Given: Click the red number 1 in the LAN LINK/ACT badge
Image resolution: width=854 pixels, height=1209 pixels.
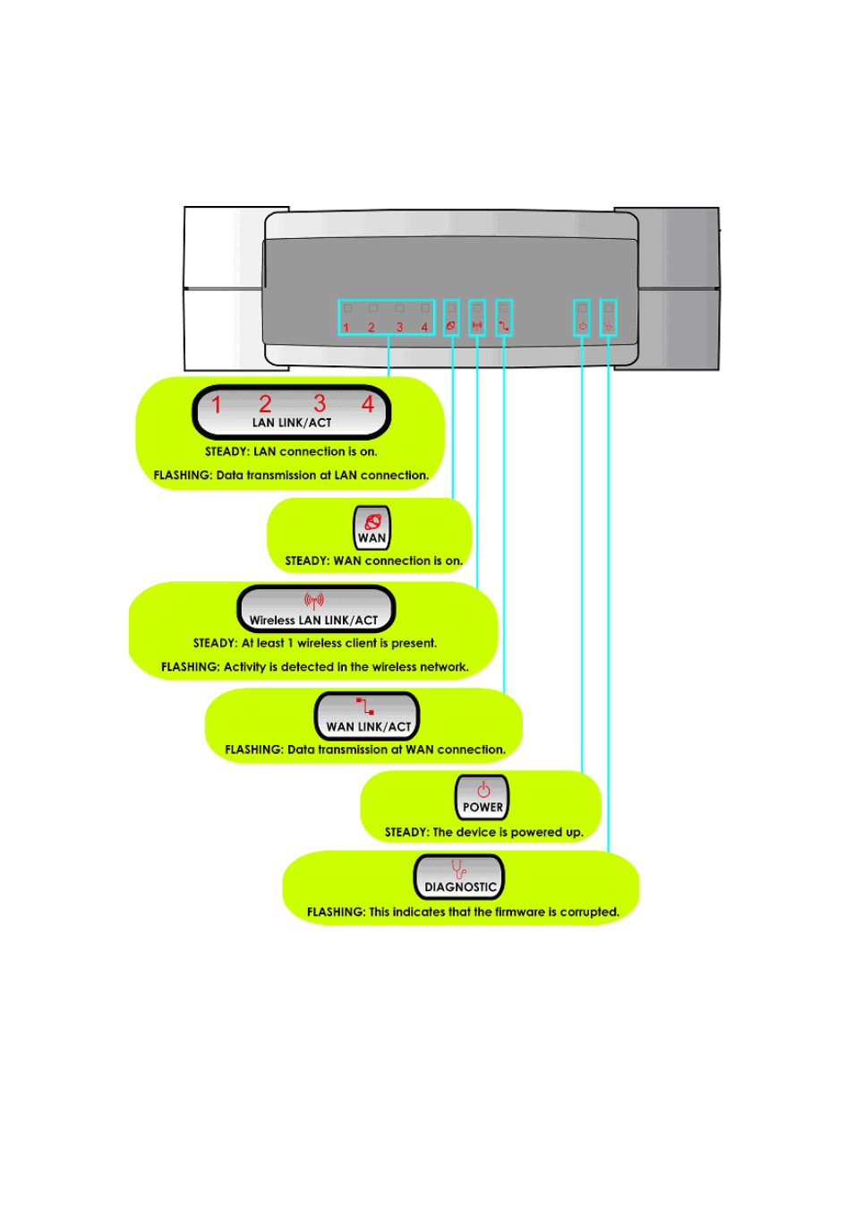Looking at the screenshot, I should tap(217, 405).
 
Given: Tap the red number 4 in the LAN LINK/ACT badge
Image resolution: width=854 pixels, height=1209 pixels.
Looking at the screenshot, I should tap(367, 404).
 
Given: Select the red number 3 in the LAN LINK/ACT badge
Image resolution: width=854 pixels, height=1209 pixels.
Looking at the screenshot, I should tap(320, 404).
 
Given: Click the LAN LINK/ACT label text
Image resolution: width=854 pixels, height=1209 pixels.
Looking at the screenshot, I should tap(292, 423).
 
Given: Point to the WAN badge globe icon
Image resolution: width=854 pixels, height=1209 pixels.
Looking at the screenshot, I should tap(372, 521).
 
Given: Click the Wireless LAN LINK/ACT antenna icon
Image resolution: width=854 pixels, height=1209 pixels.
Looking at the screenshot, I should tap(313, 600).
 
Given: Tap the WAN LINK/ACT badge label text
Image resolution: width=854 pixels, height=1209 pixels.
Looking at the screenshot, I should tap(368, 727).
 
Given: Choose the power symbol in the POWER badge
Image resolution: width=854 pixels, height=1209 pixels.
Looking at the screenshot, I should tap(483, 789).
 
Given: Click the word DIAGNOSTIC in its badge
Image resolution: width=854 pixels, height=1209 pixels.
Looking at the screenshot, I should tap(460, 887).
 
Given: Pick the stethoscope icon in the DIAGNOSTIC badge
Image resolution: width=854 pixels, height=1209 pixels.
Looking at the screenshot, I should tap(458, 869).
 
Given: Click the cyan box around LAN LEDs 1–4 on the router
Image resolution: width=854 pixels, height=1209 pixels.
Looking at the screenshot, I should tap(387, 317).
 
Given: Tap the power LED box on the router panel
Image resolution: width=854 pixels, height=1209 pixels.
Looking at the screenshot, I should tap(582, 317).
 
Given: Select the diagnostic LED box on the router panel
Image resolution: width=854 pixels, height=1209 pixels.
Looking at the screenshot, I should tap(609, 317).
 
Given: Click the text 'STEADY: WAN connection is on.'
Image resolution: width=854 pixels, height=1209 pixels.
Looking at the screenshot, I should tap(373, 562).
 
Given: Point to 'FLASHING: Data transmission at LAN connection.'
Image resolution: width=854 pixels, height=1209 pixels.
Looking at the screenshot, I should tap(291, 476).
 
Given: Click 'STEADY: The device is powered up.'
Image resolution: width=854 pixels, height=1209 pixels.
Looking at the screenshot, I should tap(483, 832).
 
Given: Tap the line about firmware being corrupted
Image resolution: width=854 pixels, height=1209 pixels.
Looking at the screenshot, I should tap(463, 912).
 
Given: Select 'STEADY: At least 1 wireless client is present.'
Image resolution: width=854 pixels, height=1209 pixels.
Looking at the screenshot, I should tap(315, 643).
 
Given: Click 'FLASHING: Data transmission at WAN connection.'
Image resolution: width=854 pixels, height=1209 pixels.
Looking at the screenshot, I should tap(365, 750).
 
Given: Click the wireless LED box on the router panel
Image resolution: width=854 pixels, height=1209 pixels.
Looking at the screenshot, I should tap(477, 317).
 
